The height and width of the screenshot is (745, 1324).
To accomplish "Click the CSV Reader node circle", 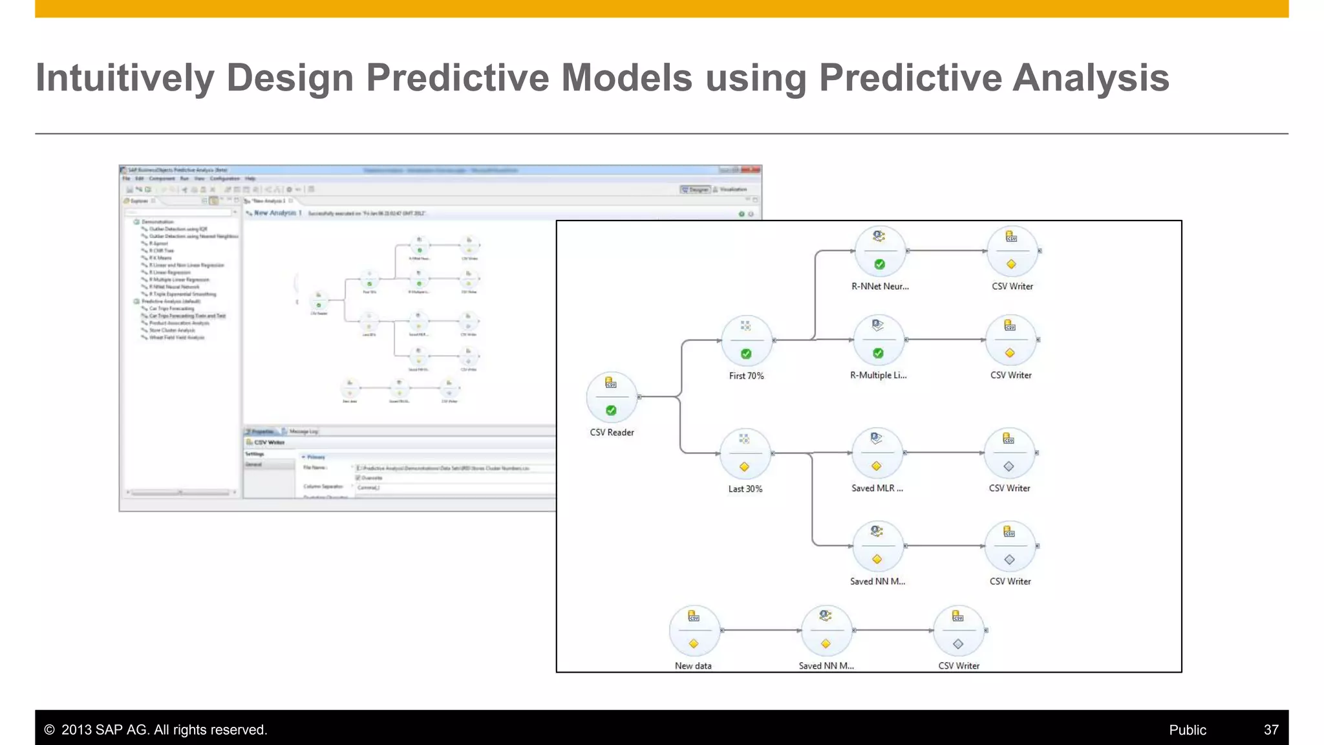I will click(612, 396).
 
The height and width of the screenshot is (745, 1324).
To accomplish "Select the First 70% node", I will click(746, 340).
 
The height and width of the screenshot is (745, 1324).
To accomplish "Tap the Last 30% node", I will click(745, 453).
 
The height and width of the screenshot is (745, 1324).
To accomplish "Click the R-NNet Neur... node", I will click(879, 251).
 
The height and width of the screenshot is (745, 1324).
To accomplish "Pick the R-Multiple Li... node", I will click(878, 340).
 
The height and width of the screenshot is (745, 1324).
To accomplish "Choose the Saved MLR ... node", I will click(877, 453).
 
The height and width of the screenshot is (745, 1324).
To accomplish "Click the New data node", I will click(694, 631).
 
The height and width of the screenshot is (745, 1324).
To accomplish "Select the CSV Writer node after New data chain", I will click(958, 631).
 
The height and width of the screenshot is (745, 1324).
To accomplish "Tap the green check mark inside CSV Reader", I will click(611, 411).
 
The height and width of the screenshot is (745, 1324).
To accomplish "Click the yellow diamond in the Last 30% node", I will click(744, 467).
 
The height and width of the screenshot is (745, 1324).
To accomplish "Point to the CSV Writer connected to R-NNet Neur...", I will click(1012, 251).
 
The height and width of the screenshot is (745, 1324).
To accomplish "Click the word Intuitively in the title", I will click(124, 78).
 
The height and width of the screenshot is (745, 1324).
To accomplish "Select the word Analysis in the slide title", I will click(1091, 78).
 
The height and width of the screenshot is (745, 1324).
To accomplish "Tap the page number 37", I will click(1270, 729).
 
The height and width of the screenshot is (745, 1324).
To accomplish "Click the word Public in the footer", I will click(1187, 729).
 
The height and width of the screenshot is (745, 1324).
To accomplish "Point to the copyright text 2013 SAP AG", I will click(155, 729).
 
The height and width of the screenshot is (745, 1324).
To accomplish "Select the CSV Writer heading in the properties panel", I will click(269, 442).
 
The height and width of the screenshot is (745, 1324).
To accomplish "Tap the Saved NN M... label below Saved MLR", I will click(877, 581).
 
